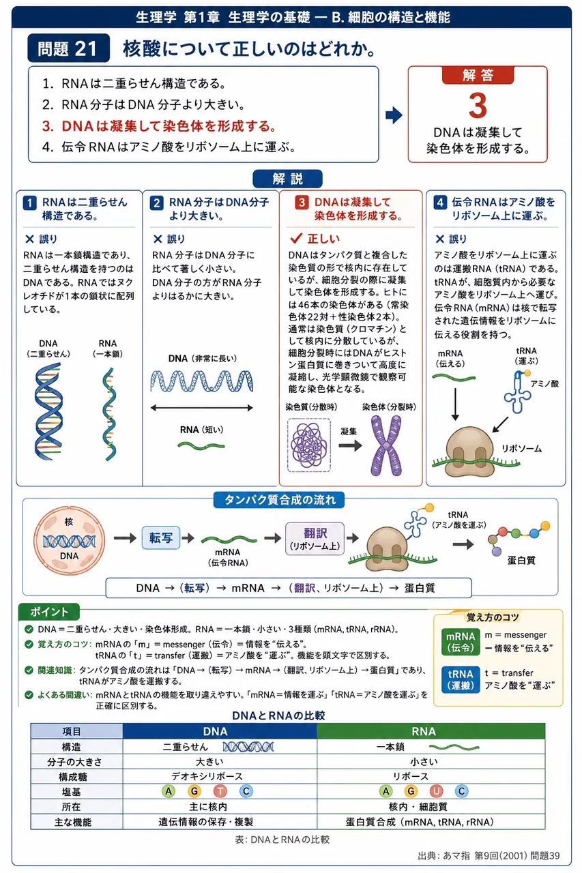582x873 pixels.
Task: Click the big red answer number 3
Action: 478,105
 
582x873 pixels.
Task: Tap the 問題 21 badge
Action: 69,48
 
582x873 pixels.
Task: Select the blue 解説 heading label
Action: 287,179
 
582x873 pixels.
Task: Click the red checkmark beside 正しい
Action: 296,238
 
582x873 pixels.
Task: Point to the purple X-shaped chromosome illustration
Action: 386,445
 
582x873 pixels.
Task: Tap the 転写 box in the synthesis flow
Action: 160,538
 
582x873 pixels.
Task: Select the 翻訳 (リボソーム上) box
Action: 315,539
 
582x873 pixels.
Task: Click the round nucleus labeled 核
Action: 69,540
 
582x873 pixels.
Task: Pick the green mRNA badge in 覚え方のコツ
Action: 461,642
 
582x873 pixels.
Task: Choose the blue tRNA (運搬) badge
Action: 461,680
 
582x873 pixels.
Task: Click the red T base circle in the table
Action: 220,790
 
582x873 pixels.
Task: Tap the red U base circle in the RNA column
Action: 436,790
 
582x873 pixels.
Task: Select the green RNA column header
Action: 431,731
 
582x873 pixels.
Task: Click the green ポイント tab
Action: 49,612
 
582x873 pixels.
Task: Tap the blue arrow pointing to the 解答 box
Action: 394,115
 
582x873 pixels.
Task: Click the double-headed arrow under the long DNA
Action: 201,408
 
